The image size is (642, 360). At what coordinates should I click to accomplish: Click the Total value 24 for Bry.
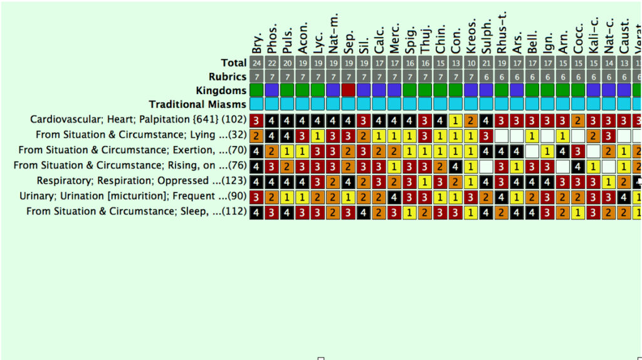(x=256, y=63)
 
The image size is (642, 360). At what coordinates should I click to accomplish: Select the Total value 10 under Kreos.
(x=471, y=63)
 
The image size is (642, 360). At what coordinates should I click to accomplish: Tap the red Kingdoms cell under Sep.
(x=349, y=90)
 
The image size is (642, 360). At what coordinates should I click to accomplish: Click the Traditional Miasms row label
(x=197, y=104)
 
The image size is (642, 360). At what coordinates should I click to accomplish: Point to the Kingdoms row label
(x=221, y=90)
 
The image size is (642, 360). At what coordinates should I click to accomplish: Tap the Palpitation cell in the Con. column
(x=456, y=120)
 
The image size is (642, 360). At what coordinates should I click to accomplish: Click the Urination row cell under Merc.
(x=394, y=196)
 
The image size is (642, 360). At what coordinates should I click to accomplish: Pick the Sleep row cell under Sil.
(x=364, y=212)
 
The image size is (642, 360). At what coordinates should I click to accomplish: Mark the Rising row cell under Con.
(x=456, y=166)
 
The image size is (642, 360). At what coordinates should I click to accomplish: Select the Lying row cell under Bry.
(x=256, y=135)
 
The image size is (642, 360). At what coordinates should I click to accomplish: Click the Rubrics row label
(x=227, y=77)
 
